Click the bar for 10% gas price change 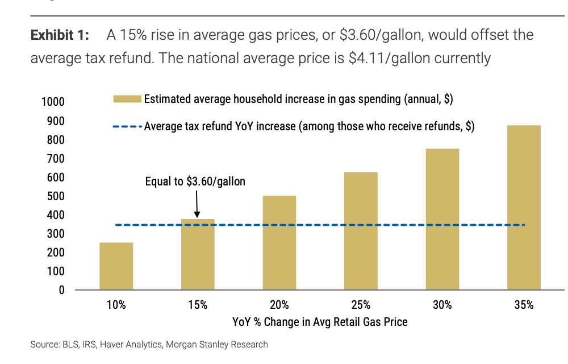pos(116,266)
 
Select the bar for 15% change pos(198,254)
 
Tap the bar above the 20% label pos(279,242)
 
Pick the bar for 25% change pos(361,231)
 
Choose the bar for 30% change pos(442,219)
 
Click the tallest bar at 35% pos(524,208)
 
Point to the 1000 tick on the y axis pos(53,102)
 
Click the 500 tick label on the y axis pos(56,196)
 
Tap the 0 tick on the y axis pos(61,290)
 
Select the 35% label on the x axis pos(524,305)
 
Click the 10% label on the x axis pos(116,305)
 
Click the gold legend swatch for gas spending pos(127,99)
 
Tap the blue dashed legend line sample pos(127,126)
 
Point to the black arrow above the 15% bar pos(197,204)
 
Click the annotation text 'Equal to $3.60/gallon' pos(195,181)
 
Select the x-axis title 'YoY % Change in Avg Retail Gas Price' pos(320,322)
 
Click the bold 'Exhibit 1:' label pos(60,35)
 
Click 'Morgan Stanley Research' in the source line pos(217,345)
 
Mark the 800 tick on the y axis pos(56,139)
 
